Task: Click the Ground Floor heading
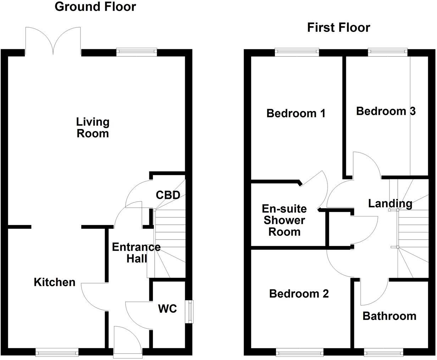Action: (x=95, y=7)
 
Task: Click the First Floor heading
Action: (x=338, y=27)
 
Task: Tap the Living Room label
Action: (x=93, y=128)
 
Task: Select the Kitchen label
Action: (x=55, y=282)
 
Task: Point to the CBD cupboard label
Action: (x=168, y=195)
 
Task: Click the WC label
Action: (x=167, y=309)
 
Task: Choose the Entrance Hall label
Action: (x=136, y=253)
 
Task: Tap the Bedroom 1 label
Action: (x=296, y=113)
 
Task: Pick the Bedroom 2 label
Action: (x=299, y=293)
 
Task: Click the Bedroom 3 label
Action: (x=386, y=111)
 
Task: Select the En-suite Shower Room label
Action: (x=284, y=220)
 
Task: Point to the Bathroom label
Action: (x=389, y=316)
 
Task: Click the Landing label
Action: (x=390, y=203)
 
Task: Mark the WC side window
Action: (x=191, y=312)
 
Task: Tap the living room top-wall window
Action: (x=137, y=52)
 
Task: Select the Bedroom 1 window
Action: (x=297, y=52)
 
